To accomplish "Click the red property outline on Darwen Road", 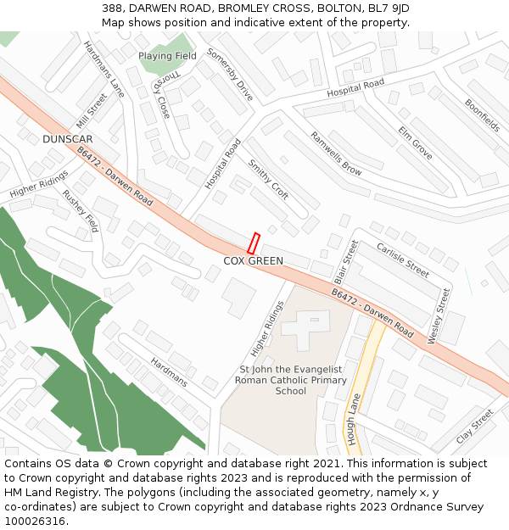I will click(x=253, y=243).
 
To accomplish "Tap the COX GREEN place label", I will click(x=253, y=261).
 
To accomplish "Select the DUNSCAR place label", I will click(x=67, y=138).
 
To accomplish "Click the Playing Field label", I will click(x=167, y=56).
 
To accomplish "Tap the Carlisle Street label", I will click(x=403, y=259).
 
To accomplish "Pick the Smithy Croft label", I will click(x=268, y=179).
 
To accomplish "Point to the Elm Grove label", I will click(x=415, y=142).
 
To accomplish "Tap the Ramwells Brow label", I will click(x=335, y=153).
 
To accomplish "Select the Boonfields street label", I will click(x=482, y=115).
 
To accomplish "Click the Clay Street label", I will click(x=474, y=427).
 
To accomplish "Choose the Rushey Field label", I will click(x=80, y=210).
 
